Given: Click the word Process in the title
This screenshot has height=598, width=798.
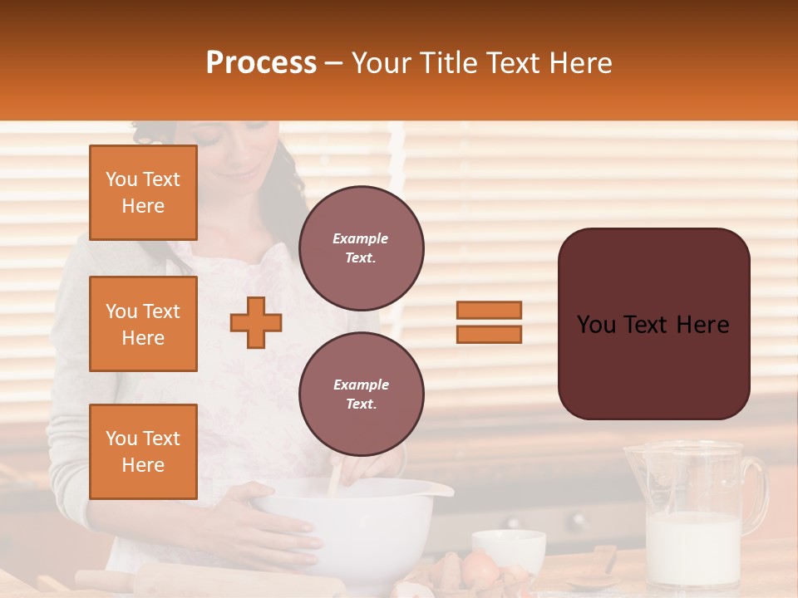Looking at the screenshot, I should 261,63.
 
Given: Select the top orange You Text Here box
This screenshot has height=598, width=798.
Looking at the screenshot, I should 143,193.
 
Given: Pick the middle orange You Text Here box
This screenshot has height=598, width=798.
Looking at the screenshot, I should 143,324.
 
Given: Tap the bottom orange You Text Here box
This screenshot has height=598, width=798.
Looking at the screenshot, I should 143,451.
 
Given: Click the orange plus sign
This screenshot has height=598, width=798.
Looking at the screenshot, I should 256,322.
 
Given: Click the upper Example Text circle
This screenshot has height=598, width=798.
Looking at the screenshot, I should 361,248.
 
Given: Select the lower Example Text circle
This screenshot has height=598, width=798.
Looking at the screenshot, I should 361,394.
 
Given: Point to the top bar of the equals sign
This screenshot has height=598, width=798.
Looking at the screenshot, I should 489,310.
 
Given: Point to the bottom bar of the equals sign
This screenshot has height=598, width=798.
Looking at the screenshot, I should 489,334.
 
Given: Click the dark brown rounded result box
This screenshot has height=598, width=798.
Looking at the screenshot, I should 653,324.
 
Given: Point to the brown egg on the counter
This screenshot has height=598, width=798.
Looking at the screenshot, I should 480,568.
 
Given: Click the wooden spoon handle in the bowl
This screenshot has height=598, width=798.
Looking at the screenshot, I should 335,480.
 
